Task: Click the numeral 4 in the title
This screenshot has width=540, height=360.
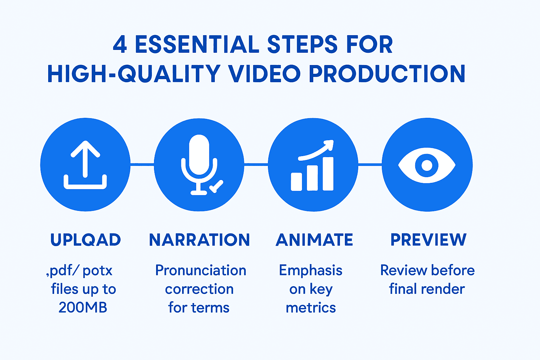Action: pyautogui.click(x=120, y=45)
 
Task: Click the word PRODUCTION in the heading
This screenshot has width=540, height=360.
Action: pyautogui.click(x=387, y=74)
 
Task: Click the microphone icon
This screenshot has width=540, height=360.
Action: pyautogui.click(x=199, y=158)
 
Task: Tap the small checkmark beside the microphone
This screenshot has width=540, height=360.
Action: pyautogui.click(x=216, y=186)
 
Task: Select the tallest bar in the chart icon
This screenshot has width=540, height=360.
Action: pyautogui.click(x=328, y=174)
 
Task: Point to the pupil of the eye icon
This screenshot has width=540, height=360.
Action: pyautogui.click(x=427, y=165)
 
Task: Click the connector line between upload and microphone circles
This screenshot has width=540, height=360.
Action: pyautogui.click(x=142, y=164)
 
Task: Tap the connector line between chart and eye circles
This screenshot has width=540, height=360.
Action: pyautogui.click(x=370, y=164)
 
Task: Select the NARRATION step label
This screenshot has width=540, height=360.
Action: pyautogui.click(x=199, y=240)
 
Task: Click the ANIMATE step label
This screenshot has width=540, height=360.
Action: pyautogui.click(x=314, y=240)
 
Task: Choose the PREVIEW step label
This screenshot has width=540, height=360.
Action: pyautogui.click(x=428, y=240)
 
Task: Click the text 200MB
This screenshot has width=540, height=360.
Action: pyautogui.click(x=83, y=308)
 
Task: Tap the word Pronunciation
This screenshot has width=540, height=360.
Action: pyautogui.click(x=201, y=270)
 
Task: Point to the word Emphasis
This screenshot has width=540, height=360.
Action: pyautogui.click(x=310, y=270)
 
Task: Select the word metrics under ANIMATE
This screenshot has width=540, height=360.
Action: pyautogui.click(x=311, y=308)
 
